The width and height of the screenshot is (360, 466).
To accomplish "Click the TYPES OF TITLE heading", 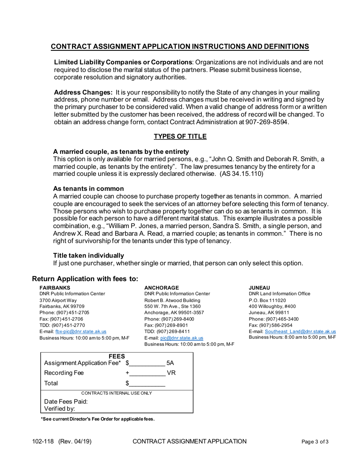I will click(x=180, y=136).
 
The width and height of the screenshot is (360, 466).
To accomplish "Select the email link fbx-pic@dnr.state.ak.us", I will click(x=81, y=331).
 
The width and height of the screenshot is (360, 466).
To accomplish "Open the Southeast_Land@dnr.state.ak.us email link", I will click(x=300, y=331).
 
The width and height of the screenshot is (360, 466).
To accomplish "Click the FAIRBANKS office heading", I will click(x=55, y=288).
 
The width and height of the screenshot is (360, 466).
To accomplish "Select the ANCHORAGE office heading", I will click(x=161, y=288).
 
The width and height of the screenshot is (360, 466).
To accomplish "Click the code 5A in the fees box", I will click(x=170, y=363).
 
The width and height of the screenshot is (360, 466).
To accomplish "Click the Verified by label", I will click(x=59, y=409).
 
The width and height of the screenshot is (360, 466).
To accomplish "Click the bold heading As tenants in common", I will click(x=88, y=189).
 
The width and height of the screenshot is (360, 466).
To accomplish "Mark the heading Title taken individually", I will click(x=88, y=255).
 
